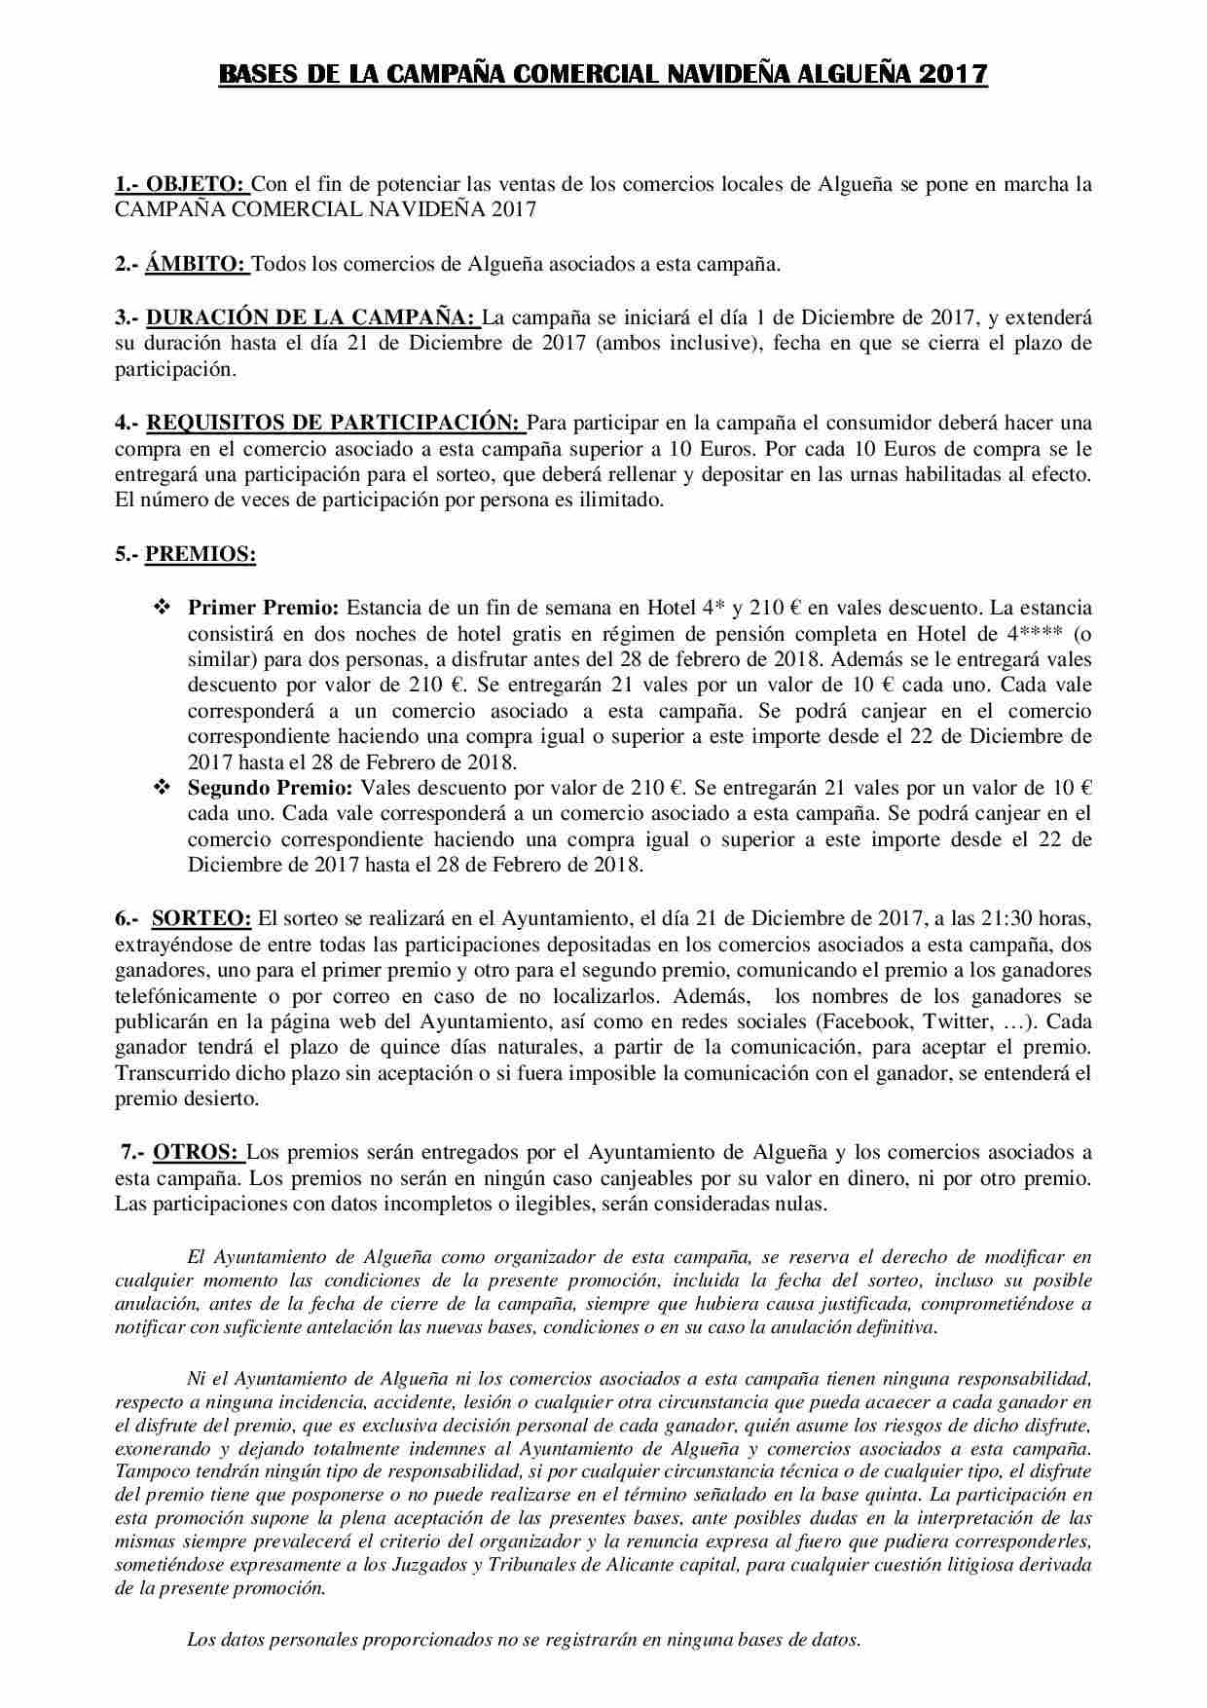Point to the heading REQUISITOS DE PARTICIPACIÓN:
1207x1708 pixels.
click(x=334, y=423)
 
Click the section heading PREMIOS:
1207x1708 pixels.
click(x=201, y=554)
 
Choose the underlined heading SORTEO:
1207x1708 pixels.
click(x=201, y=917)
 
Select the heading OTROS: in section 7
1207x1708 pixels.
click(x=197, y=1152)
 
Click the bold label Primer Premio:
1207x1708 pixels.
click(x=263, y=608)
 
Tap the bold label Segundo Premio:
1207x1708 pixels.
click(x=271, y=787)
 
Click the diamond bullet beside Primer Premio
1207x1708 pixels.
click(x=162, y=608)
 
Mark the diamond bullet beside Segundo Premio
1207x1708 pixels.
click(x=162, y=787)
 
